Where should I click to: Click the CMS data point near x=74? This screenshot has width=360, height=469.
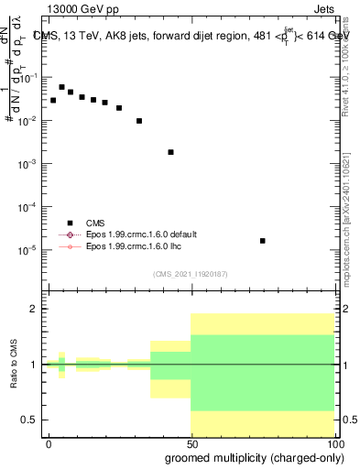coord(263,241)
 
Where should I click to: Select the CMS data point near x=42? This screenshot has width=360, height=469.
coord(170,152)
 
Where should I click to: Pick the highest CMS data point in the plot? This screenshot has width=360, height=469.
coord(61,87)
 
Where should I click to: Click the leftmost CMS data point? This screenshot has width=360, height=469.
coord(53,100)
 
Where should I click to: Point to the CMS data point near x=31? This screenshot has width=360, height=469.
coord(139,121)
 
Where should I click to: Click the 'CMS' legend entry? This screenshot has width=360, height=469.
coord(96,223)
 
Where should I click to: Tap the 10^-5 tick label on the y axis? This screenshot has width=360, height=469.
coord(29,250)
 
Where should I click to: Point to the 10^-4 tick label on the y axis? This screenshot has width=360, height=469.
coord(29,207)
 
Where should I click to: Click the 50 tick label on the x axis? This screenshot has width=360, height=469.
coord(191,442)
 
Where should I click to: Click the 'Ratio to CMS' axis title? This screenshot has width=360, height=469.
coord(13,364)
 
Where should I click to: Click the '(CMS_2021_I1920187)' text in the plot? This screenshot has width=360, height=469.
coord(190,274)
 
